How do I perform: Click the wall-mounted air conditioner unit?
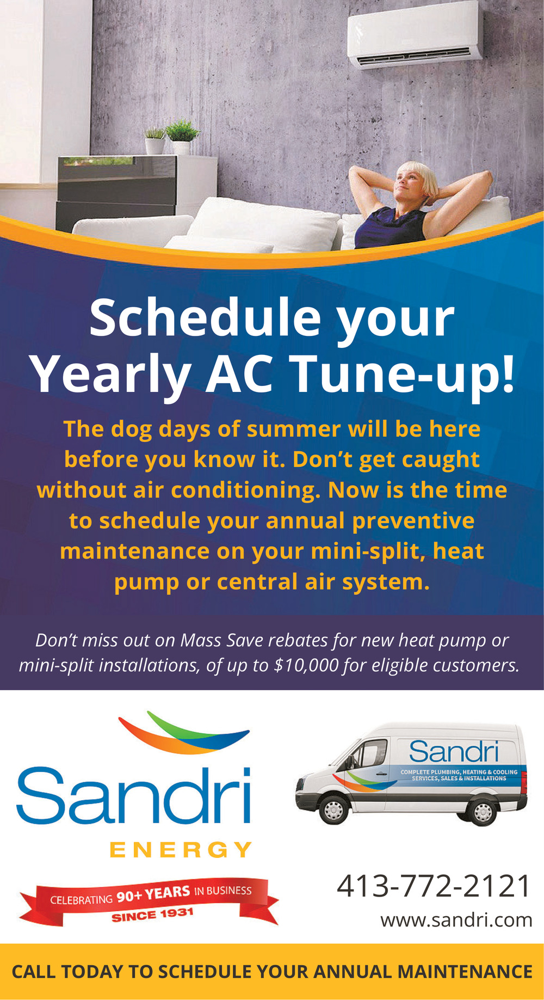point(415,35)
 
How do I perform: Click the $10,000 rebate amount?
point(306,665)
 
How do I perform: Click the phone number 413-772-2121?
point(434,886)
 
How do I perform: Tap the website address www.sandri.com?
point(456,920)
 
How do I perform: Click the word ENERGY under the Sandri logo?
point(181,850)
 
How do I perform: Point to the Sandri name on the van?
point(454,752)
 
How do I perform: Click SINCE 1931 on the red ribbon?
point(153,915)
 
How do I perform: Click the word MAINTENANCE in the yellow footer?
point(465,972)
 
